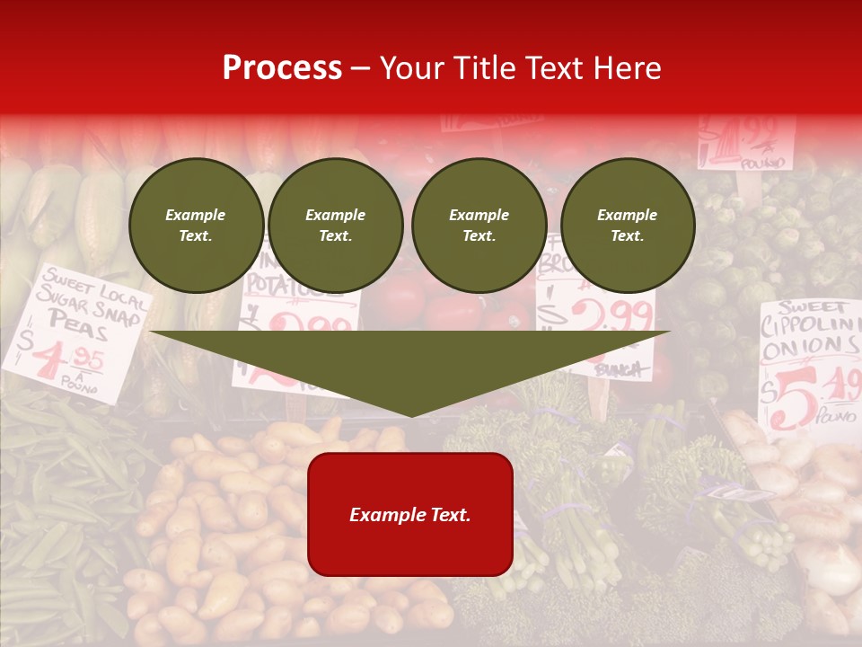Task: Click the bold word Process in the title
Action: click(282, 68)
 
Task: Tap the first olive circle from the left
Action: click(196, 226)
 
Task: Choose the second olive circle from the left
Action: click(335, 226)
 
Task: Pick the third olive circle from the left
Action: click(479, 226)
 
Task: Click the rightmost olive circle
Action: click(627, 226)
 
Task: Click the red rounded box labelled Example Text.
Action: click(410, 514)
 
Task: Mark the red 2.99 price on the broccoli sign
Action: click(609, 316)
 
